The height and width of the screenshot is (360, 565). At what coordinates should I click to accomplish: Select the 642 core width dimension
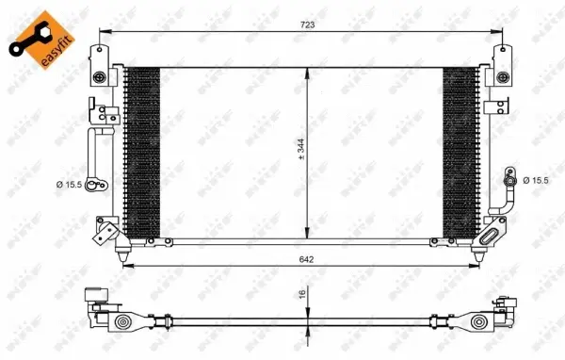[306, 258]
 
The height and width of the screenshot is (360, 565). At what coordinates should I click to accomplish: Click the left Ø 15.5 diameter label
[68, 185]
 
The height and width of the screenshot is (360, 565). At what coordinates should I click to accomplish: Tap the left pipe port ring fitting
[91, 186]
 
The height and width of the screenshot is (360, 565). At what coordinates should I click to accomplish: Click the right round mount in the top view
[480, 325]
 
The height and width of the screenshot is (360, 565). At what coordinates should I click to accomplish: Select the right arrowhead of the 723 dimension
[496, 31]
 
